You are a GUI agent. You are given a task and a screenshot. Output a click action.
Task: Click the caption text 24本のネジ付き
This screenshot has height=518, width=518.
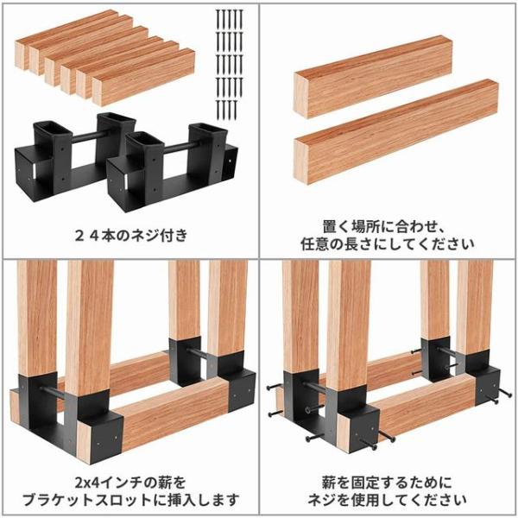(x=131, y=236)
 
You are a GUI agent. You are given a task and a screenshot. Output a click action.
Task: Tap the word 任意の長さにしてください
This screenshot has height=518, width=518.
(x=388, y=244)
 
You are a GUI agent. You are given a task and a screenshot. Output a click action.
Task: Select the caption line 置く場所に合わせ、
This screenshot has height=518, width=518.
(x=383, y=226)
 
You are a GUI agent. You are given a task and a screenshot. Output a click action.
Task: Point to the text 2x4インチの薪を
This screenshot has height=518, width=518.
(x=130, y=483)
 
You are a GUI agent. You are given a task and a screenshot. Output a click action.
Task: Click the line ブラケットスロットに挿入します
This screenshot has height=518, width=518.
(x=131, y=500)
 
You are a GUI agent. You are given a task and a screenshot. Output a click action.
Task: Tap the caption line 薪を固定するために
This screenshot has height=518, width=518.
(x=387, y=483)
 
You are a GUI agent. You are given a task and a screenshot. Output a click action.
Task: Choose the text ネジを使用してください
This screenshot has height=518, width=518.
(x=387, y=500)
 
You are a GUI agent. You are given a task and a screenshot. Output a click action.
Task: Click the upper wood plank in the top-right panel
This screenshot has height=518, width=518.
(x=373, y=77)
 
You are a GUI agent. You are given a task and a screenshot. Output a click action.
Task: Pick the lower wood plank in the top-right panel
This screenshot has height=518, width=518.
(x=395, y=131)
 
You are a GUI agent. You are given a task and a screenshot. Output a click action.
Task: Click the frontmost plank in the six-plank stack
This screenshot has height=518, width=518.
(x=143, y=77)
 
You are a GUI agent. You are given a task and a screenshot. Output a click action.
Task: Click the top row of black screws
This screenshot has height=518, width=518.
(x=231, y=19)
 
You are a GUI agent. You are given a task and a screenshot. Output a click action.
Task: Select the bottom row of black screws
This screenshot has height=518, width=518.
(x=226, y=110)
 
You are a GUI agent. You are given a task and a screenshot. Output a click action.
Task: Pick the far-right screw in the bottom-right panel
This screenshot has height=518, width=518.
(x=504, y=393)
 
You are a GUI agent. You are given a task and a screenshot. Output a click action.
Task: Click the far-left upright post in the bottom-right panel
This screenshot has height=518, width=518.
(x=301, y=317)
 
